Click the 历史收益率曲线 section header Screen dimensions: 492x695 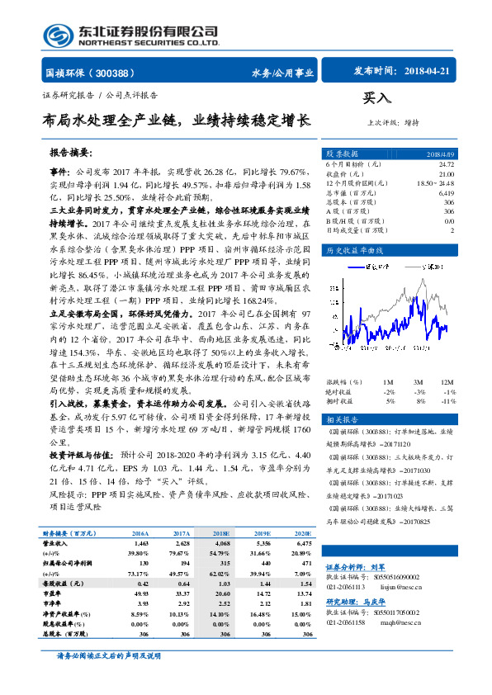(x=354, y=248)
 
